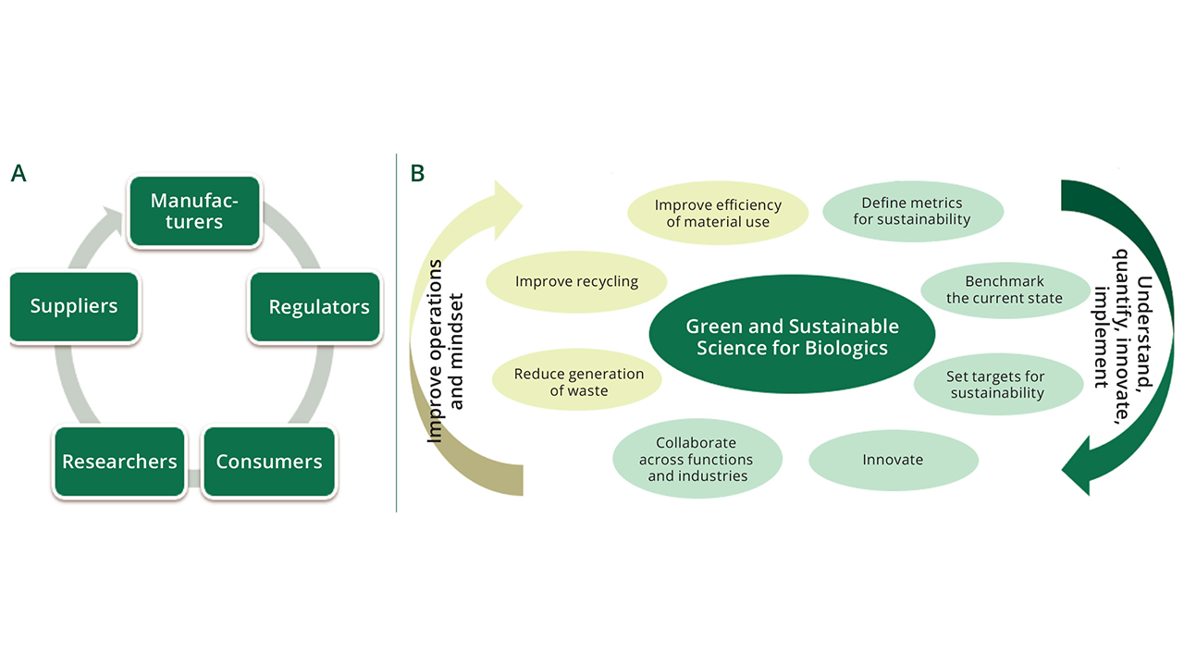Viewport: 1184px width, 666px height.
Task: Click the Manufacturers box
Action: (x=194, y=212)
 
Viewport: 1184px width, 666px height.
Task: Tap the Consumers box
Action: (x=268, y=462)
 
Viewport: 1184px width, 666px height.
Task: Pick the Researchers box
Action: (x=119, y=462)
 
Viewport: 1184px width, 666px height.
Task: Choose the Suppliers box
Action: (x=74, y=307)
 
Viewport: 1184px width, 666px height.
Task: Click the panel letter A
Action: (x=18, y=173)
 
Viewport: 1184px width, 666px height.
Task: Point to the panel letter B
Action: (x=417, y=173)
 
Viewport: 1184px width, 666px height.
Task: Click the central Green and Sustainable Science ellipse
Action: (x=792, y=338)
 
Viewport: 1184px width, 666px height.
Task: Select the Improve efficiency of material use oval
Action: (x=718, y=213)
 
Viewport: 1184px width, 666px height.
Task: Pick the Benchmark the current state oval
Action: (x=1005, y=290)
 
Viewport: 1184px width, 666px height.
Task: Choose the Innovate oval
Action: (x=893, y=460)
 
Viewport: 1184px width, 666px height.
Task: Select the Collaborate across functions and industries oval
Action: (x=697, y=460)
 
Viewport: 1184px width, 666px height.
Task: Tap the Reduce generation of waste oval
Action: (x=579, y=382)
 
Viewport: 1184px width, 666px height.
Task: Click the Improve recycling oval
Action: (x=576, y=281)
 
